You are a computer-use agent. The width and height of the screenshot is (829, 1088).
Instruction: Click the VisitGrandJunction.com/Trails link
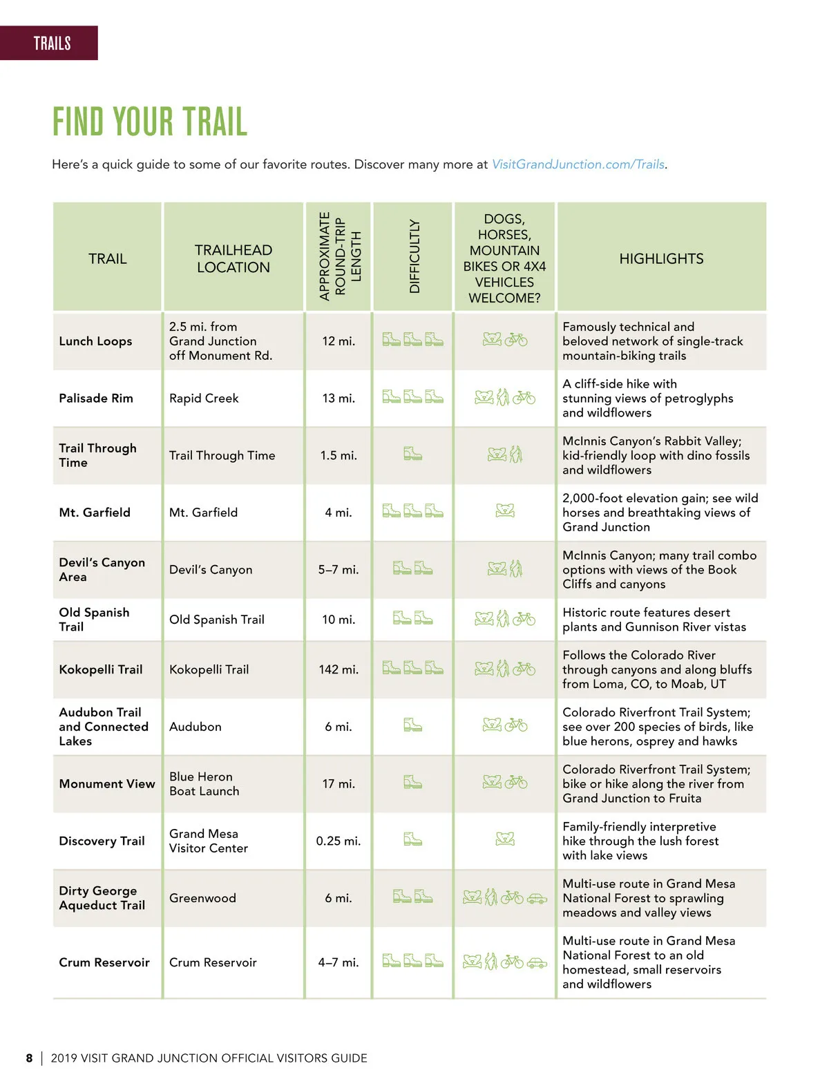pyautogui.click(x=578, y=164)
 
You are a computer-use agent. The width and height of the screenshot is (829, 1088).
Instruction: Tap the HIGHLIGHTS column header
pyautogui.click(x=660, y=258)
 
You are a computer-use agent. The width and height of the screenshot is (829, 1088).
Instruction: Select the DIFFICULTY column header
pyautogui.click(x=414, y=256)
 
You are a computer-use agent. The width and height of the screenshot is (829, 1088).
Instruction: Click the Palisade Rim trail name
pyautogui.click(x=96, y=398)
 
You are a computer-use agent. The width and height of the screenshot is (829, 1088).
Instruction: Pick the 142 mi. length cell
pyautogui.click(x=339, y=669)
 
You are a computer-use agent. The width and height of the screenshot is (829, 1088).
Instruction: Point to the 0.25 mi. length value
pyautogui.click(x=338, y=841)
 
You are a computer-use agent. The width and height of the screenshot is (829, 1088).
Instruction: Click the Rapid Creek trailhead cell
pyautogui.click(x=204, y=398)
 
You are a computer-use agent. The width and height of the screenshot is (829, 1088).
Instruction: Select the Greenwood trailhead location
pyautogui.click(x=202, y=898)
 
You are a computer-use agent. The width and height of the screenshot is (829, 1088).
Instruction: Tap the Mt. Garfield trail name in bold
pyautogui.click(x=95, y=512)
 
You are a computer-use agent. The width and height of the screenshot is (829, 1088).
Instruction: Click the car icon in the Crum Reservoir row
pyautogui.click(x=537, y=962)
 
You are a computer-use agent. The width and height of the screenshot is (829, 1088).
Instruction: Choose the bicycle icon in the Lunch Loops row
pyautogui.click(x=516, y=339)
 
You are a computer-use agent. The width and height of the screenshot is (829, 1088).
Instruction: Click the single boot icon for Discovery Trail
pyautogui.click(x=412, y=839)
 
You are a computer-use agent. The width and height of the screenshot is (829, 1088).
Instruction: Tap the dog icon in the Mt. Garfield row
pyautogui.click(x=505, y=510)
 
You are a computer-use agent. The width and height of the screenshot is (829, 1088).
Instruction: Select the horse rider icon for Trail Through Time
pyautogui.click(x=516, y=454)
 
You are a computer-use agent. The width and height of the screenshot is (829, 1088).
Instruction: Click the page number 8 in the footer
pyautogui.click(x=29, y=1058)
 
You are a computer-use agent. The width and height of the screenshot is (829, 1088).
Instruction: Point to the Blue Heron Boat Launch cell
pyautogui.click(x=204, y=783)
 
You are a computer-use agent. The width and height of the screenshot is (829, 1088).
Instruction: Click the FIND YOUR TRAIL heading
pyautogui.click(x=150, y=122)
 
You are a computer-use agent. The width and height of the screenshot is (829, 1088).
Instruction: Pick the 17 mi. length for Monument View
pyautogui.click(x=339, y=783)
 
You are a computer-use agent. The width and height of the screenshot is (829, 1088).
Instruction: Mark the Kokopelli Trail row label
pyautogui.click(x=101, y=669)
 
